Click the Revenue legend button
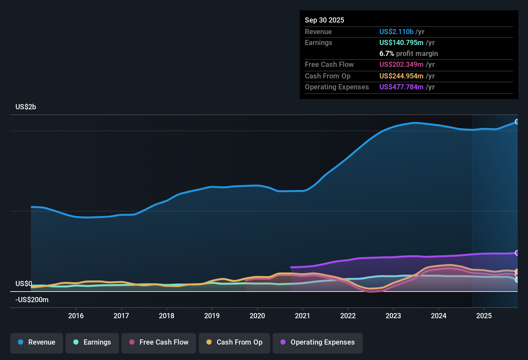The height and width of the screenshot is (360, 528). [37, 342]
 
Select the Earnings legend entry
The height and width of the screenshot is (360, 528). [92, 342]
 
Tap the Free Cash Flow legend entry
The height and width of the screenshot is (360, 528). [159, 342]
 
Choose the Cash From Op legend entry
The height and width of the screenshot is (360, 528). [234, 342]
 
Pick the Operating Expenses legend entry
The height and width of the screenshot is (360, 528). [318, 342]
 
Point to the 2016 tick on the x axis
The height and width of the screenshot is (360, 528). [76, 316]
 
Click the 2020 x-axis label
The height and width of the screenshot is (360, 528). [257, 316]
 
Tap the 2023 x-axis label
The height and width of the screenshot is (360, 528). [393, 316]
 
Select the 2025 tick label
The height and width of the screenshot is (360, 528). [484, 316]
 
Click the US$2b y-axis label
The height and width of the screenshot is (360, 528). [26, 107]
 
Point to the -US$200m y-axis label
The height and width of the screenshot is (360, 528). [32, 300]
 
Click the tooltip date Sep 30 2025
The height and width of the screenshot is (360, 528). [324, 20]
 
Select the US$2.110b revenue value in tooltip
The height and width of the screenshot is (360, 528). [396, 32]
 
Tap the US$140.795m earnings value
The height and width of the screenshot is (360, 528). [401, 42]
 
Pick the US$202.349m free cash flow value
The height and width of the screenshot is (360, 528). [401, 64]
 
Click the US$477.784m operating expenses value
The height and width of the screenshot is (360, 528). [401, 87]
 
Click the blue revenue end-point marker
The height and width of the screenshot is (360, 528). [517, 122]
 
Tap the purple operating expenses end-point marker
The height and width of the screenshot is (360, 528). [517, 253]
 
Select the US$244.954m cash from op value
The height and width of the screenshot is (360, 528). [401, 76]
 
